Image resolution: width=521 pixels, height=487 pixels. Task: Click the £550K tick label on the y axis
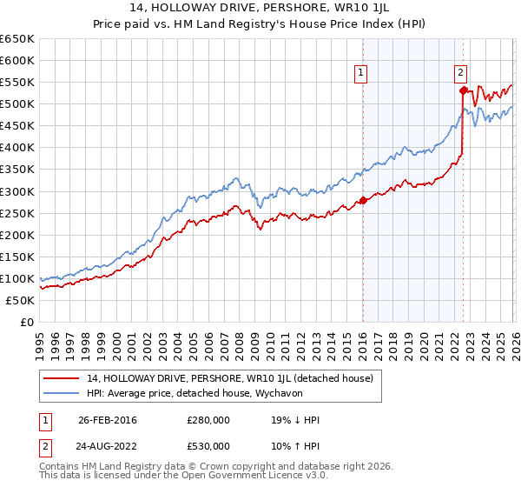click(x=17, y=83)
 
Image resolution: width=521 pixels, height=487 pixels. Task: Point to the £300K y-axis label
click(x=17, y=191)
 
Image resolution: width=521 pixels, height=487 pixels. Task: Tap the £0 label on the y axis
click(x=26, y=322)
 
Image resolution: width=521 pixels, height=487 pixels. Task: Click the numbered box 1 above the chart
click(x=360, y=74)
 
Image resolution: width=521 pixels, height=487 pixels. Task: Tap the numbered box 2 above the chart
click(x=460, y=74)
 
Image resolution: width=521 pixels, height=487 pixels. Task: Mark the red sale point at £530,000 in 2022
click(x=463, y=90)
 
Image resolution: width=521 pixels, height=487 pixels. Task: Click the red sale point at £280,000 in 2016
click(x=363, y=200)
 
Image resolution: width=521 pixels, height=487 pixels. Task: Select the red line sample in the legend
click(x=61, y=378)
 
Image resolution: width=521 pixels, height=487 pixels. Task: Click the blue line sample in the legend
click(x=61, y=393)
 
